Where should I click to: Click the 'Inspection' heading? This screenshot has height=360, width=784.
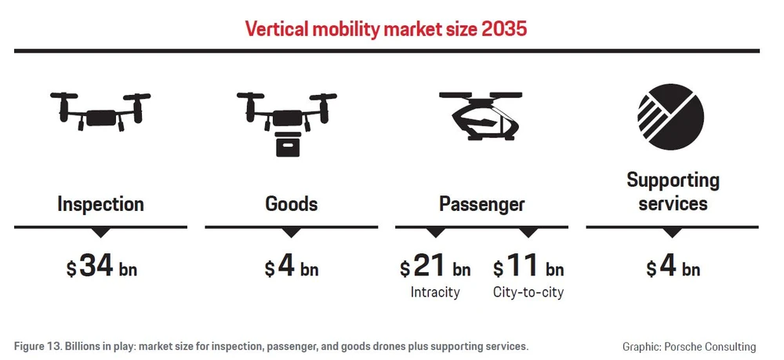[100, 205]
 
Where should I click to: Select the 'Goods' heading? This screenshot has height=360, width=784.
[291, 205]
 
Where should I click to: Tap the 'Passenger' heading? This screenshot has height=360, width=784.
[481, 205]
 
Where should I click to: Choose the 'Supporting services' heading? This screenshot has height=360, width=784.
[673, 192]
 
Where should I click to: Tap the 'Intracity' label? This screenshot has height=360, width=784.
[435, 293]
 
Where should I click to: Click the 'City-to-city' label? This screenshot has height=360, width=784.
[528, 293]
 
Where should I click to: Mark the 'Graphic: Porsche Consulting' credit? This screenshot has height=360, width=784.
[689, 346]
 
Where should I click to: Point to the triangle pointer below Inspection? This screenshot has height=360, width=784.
[100, 232]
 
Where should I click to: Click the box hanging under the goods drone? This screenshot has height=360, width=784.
[291, 144]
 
